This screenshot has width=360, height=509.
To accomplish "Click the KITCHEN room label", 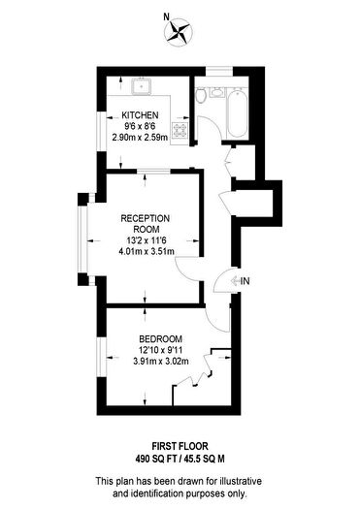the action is click(x=140, y=115).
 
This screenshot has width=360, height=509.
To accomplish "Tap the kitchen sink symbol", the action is click(x=142, y=86).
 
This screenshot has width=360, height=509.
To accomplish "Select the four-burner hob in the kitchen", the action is click(x=180, y=131).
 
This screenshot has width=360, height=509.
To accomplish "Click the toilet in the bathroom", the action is click(x=201, y=95).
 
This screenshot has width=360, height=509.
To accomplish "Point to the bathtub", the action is click(x=238, y=112).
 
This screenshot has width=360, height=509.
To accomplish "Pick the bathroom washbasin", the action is click(x=216, y=92).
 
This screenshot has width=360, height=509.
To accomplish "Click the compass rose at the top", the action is click(x=179, y=32).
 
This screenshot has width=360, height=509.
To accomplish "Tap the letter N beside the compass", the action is click(x=167, y=16).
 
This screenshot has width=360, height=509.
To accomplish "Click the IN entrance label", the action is click(x=245, y=281).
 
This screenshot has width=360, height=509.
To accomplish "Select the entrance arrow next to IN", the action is click(x=235, y=281).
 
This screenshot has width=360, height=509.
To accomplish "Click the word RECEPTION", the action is click(x=146, y=218).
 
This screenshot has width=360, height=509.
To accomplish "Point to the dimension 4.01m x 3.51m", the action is click(x=147, y=251).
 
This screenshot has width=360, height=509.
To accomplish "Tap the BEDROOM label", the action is click(x=160, y=339).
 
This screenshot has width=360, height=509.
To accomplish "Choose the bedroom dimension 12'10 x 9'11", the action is click(x=160, y=350).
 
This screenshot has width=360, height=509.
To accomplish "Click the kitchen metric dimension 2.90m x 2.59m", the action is click(x=140, y=138).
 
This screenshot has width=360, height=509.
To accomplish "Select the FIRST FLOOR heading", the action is click(x=180, y=446).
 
